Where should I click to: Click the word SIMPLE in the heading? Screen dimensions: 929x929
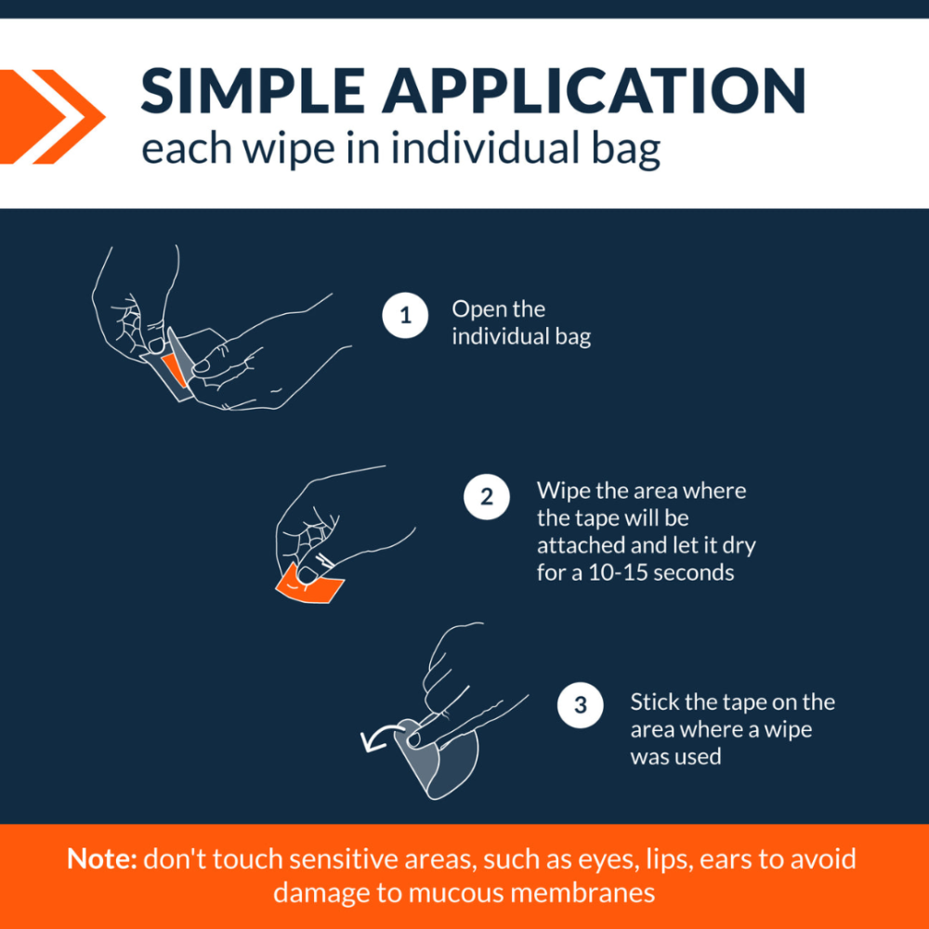(x=253, y=91)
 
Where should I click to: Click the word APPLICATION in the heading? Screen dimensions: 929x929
(x=594, y=91)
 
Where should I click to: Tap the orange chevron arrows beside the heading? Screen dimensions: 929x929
(x=51, y=117)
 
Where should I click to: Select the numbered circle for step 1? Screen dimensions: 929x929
(x=405, y=315)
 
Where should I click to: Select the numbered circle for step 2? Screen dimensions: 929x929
(x=487, y=496)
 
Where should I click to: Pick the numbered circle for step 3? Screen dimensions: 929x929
(x=580, y=705)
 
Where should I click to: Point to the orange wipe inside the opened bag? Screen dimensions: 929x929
(x=175, y=370)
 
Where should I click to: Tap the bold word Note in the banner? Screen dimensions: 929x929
(x=102, y=858)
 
